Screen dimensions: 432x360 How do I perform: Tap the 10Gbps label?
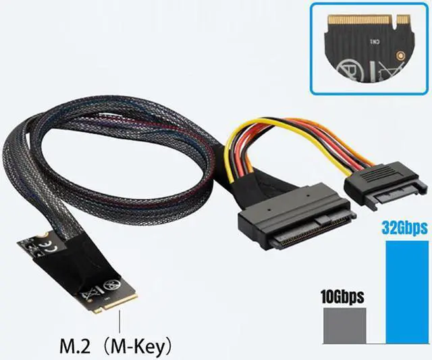click(x=341, y=296)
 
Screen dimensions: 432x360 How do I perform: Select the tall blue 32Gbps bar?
click(x=404, y=290)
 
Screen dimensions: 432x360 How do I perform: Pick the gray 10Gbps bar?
click(x=344, y=326)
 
